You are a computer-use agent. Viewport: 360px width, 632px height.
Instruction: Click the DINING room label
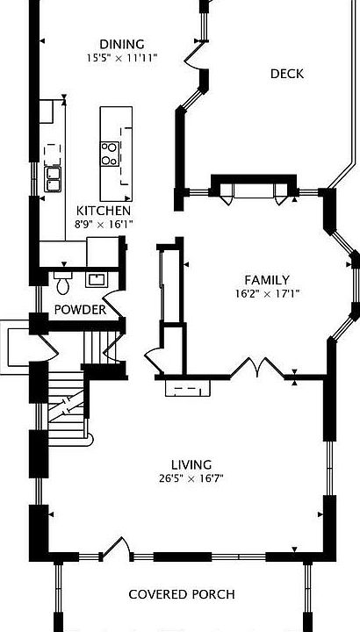(122, 44)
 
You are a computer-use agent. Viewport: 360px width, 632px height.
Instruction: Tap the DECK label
(287, 74)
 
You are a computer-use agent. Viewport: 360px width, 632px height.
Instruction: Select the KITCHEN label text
(104, 211)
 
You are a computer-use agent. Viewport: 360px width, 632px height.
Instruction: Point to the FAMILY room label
(267, 280)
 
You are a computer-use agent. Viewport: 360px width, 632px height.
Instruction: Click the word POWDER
(80, 310)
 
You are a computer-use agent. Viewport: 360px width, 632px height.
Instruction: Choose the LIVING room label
(191, 465)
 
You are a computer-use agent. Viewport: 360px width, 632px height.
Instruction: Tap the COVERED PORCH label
(182, 594)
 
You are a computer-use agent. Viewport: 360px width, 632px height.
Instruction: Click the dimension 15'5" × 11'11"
(122, 58)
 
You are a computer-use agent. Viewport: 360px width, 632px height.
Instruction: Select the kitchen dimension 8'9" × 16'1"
(104, 225)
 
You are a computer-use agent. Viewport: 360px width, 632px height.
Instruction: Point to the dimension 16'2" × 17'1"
(267, 294)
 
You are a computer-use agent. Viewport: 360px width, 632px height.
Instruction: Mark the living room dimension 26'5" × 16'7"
(191, 479)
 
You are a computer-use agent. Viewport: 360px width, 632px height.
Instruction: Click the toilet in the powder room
(62, 283)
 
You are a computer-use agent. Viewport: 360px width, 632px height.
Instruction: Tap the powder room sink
(97, 280)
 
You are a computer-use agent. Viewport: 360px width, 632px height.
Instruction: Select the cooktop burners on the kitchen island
(110, 154)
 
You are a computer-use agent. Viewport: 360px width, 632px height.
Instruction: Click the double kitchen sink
(53, 179)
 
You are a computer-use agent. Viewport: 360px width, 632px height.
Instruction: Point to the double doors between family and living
(257, 368)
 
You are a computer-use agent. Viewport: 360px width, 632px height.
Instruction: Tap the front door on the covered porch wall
(116, 548)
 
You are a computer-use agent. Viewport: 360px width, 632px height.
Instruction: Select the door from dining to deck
(196, 55)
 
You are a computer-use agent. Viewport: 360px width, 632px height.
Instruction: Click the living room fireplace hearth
(188, 388)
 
